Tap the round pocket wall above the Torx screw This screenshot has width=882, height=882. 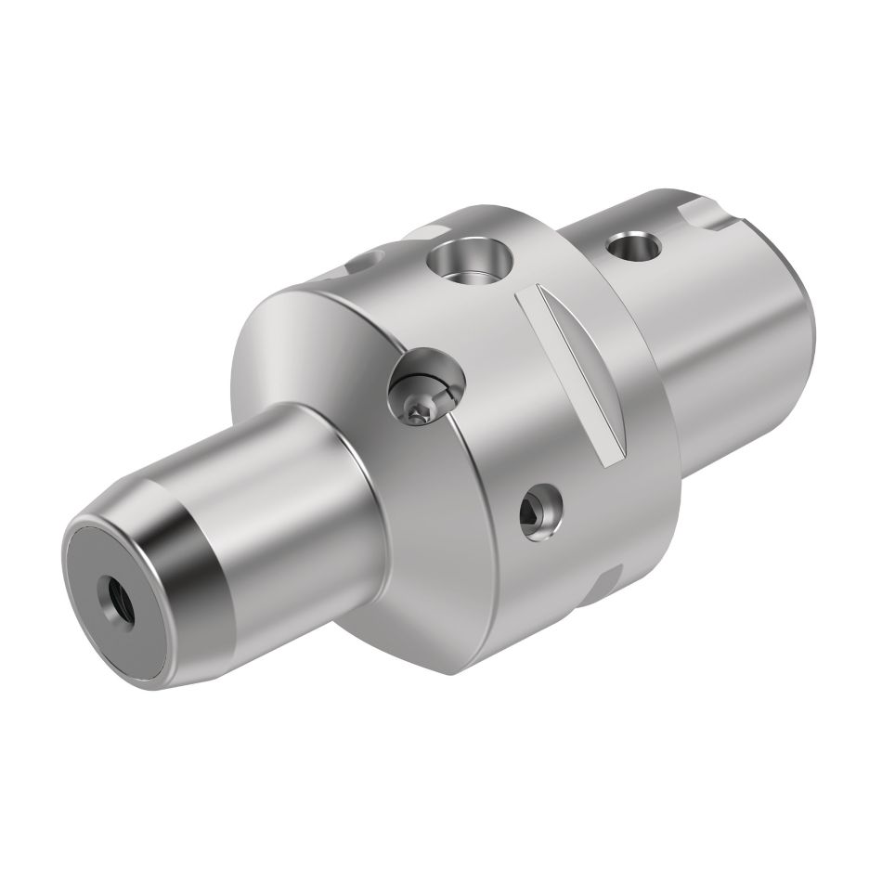[429, 364]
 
